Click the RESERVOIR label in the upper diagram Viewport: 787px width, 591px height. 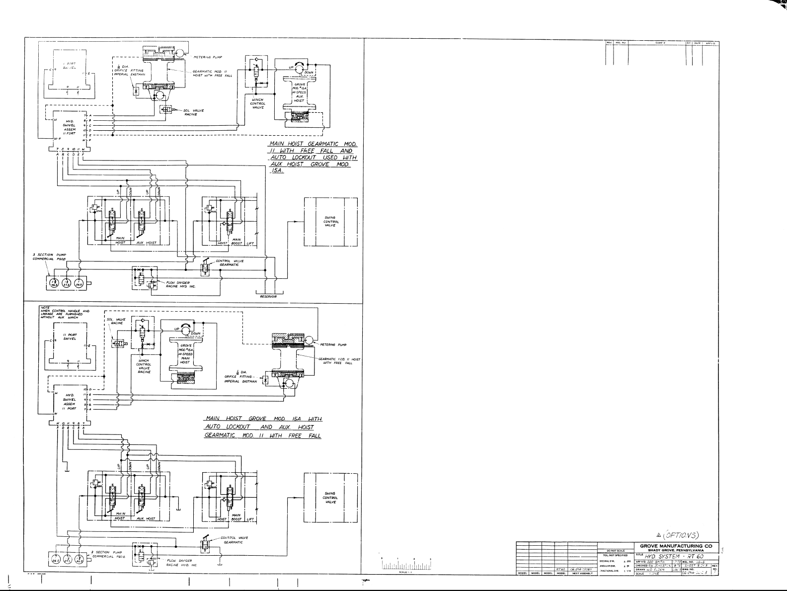click(268, 297)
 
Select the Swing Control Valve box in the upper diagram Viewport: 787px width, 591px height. click(330, 222)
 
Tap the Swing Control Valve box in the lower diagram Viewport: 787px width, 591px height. click(330, 498)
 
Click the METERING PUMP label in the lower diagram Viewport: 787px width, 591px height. click(333, 344)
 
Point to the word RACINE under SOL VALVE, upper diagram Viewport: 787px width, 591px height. click(191, 114)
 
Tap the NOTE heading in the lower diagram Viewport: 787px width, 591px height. click(45, 308)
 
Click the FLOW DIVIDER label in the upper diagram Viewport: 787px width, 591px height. click(178, 283)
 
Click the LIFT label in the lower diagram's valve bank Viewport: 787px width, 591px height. click(250, 519)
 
